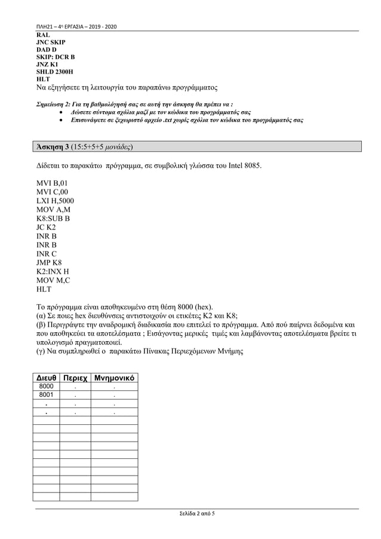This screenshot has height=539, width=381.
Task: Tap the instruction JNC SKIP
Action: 51,43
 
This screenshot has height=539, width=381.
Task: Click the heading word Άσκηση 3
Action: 52,146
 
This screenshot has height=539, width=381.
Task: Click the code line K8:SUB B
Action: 53,219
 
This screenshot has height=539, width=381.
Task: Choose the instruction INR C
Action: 46,254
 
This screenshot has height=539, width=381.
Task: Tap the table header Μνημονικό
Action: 114,379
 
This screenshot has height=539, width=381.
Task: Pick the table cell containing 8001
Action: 45,395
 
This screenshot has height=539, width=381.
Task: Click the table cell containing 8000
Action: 45,387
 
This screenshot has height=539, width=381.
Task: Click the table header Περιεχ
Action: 75,379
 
